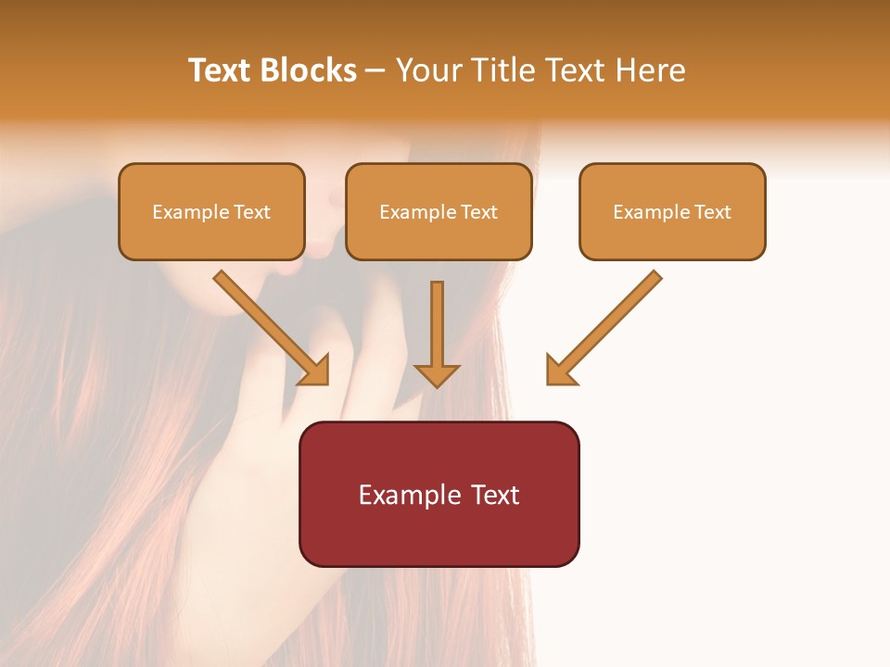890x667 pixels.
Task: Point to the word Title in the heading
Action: [x=501, y=70]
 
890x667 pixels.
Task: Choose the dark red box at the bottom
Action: [x=439, y=533]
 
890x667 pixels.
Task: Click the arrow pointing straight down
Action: [x=437, y=333]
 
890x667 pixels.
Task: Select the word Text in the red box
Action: [x=496, y=495]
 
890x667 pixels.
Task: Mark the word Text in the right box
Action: [x=712, y=212]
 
